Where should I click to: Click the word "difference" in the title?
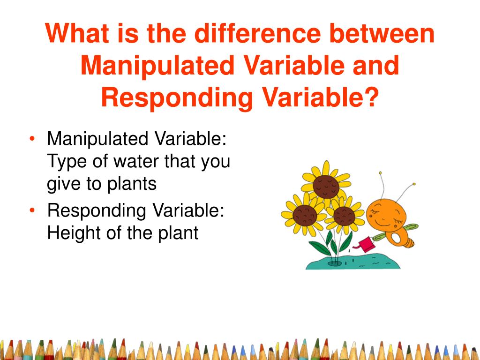coord(257,33)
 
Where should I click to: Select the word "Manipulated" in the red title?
coord(157,65)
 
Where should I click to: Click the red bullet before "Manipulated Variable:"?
coord(32,139)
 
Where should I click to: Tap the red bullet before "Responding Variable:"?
coord(32,210)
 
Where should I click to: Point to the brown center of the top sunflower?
coord(326,186)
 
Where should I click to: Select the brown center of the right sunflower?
coord(345,216)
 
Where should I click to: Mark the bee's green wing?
coord(410,228)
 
